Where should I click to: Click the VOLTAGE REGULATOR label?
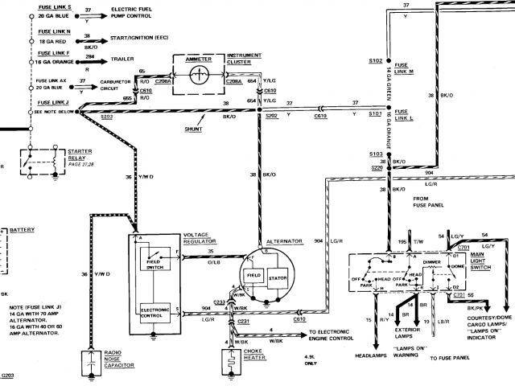click(201, 238)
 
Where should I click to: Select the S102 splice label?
click(374, 60)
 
